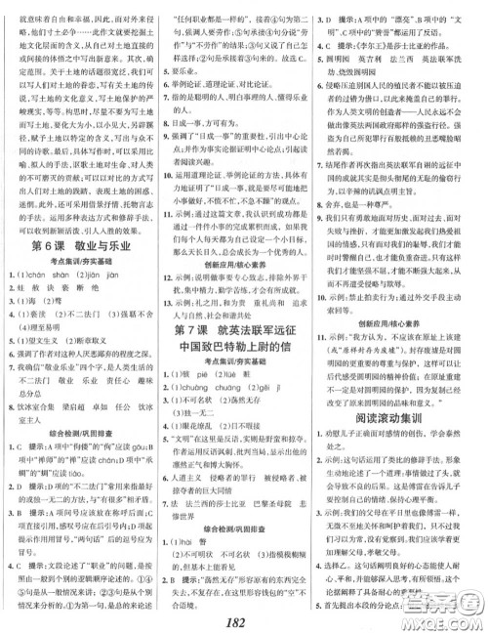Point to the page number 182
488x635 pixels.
(243, 623)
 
